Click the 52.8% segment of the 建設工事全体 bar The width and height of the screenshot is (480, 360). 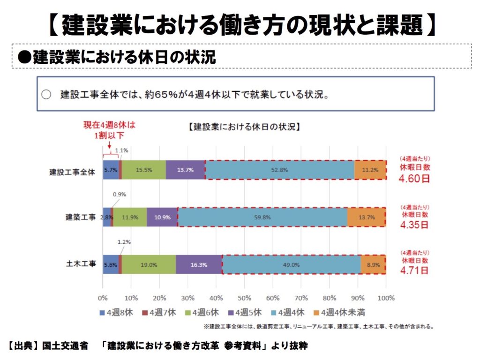280,170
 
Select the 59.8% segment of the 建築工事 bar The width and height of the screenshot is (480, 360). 262,217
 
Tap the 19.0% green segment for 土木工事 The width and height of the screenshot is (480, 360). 149,264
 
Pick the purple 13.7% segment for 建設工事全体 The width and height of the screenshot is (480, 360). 186,170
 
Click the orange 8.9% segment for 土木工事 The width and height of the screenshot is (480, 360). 373,264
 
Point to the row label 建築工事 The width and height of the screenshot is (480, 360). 81,217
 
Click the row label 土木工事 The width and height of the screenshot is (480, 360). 81,264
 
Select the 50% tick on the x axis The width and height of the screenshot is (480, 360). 244,298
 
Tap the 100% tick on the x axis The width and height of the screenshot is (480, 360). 386,298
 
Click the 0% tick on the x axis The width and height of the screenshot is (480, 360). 103,298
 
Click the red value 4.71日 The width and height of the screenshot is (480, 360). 414,270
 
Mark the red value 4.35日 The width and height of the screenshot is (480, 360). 414,225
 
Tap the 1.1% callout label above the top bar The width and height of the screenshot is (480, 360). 122,150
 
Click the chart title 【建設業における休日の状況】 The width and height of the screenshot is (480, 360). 244,127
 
